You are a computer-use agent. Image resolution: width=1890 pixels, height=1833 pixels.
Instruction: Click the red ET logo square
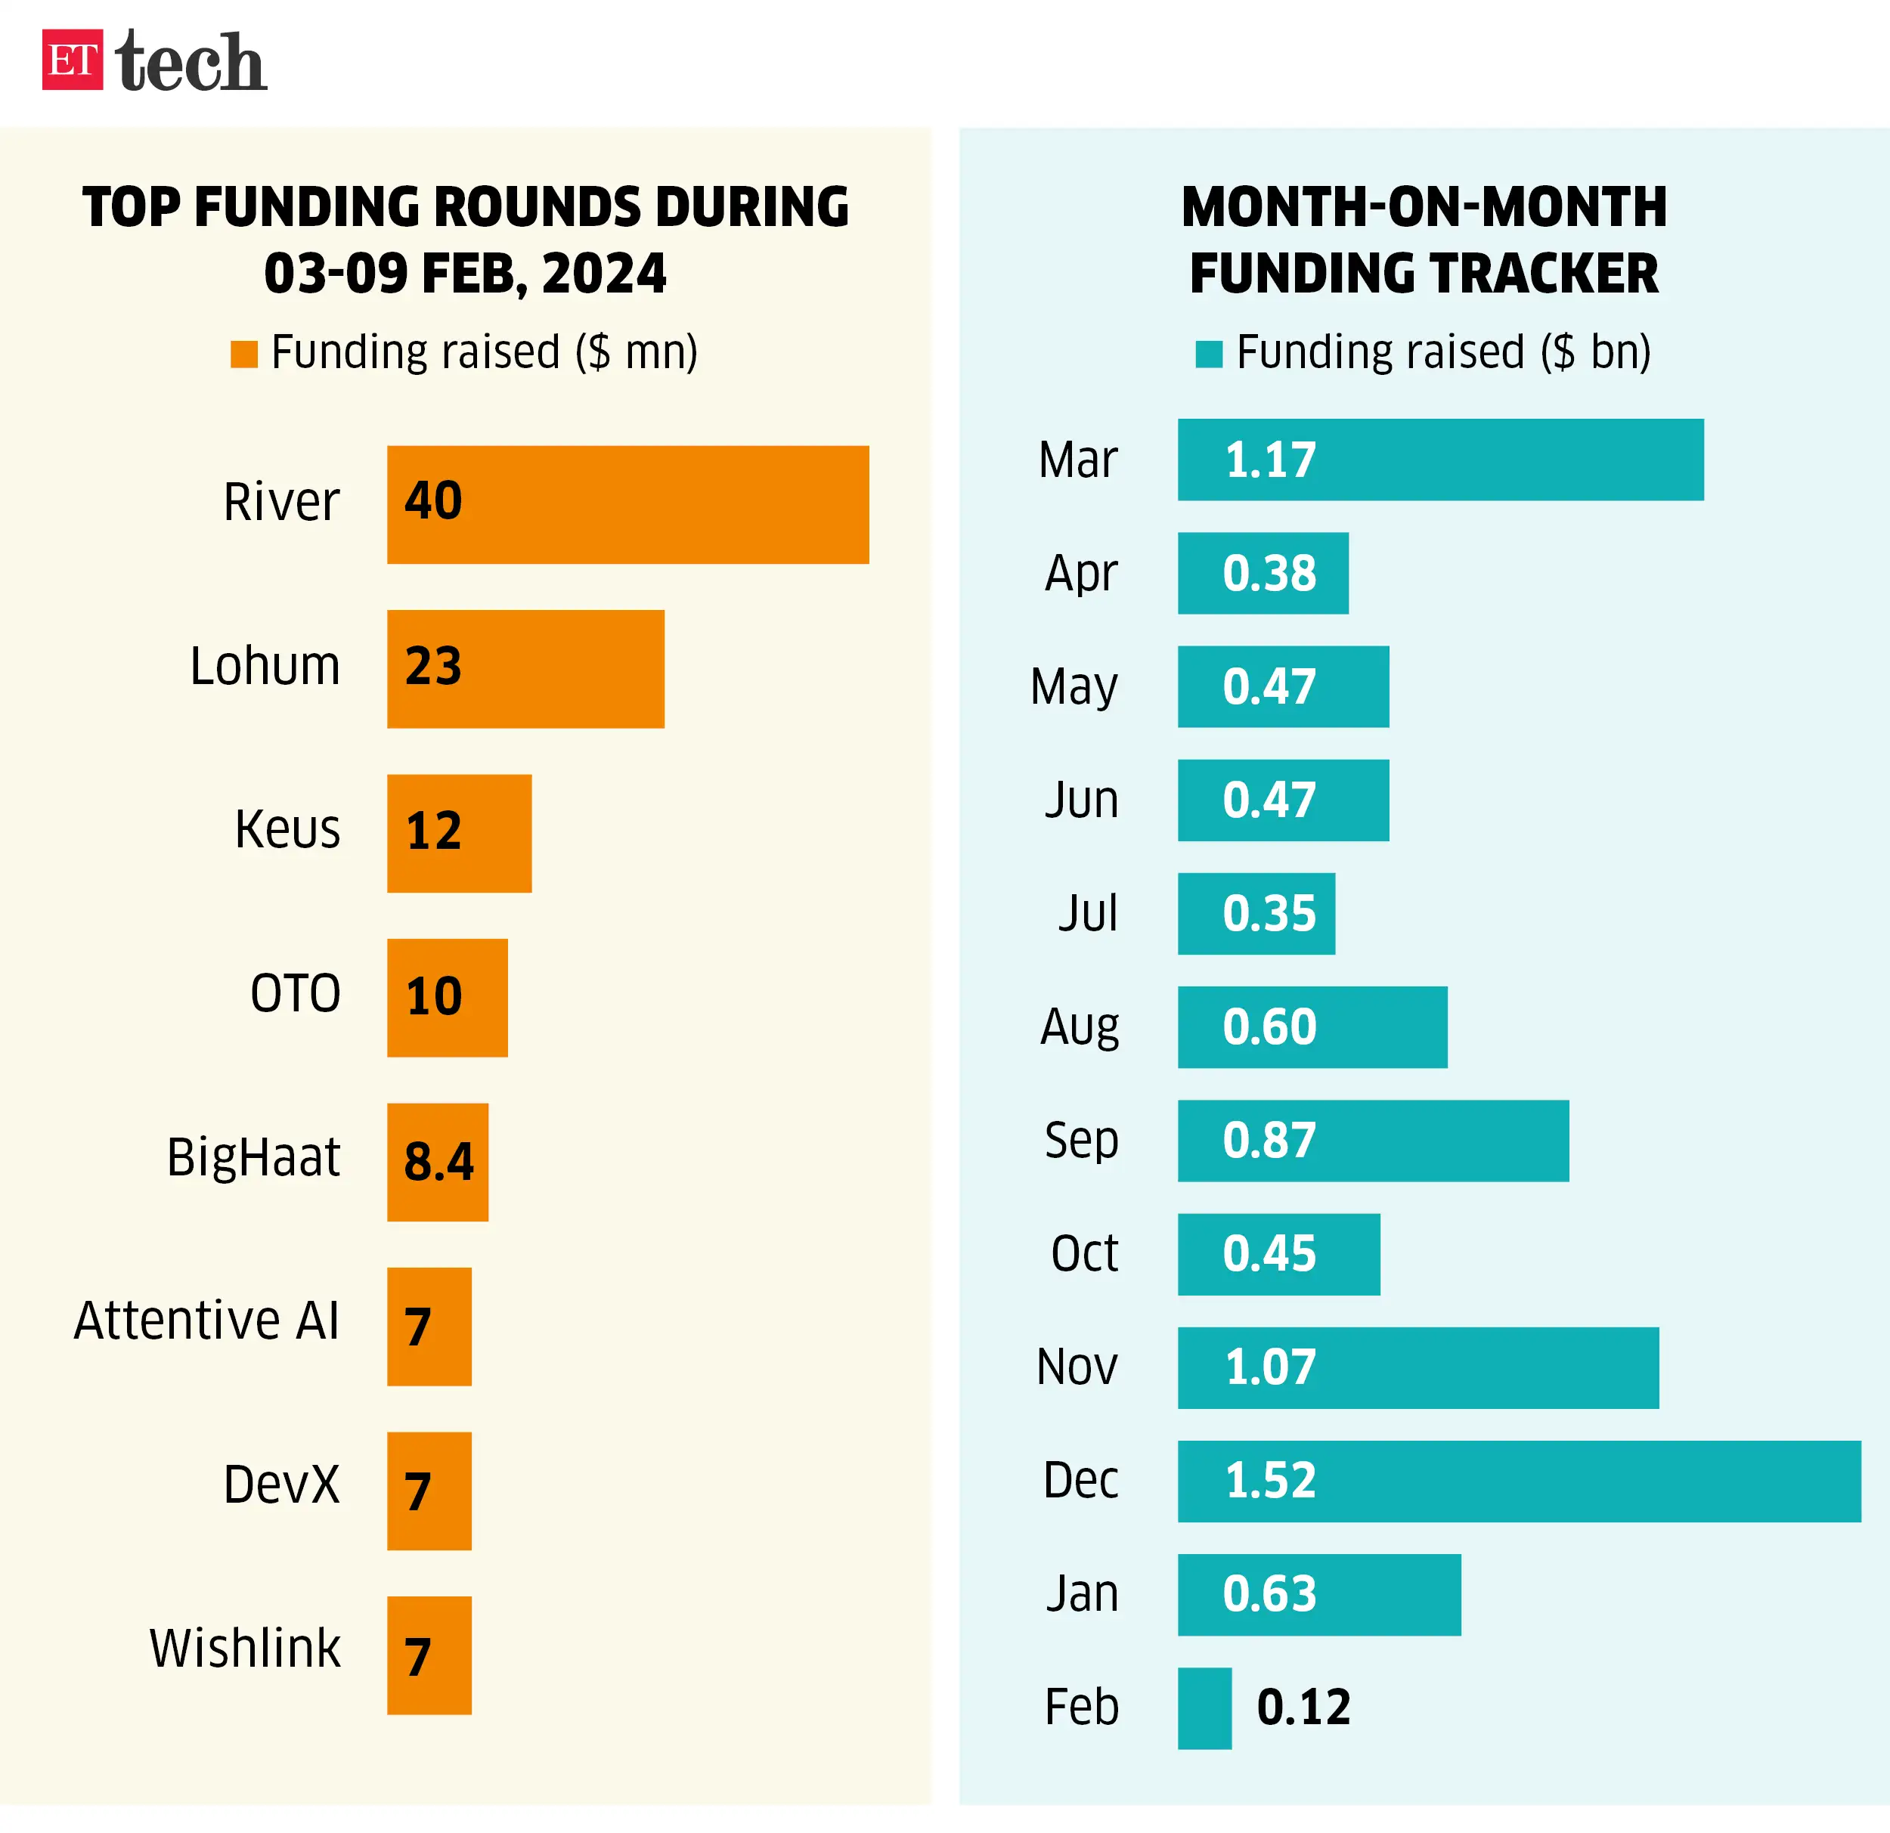click(x=73, y=60)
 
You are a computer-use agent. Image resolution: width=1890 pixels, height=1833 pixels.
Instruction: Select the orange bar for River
click(x=627, y=504)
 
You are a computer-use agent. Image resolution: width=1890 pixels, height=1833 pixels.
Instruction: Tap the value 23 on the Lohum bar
click(x=433, y=666)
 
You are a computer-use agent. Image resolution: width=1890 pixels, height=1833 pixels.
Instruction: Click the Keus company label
click(x=287, y=829)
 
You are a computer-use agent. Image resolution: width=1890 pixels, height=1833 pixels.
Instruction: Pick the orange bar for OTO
click(x=448, y=997)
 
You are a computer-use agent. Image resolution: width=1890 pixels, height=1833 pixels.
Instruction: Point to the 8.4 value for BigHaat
click(x=438, y=1161)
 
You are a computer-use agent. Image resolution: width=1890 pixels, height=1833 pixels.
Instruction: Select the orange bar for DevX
click(x=429, y=1491)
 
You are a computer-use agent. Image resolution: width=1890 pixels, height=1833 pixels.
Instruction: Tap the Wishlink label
click(x=245, y=1648)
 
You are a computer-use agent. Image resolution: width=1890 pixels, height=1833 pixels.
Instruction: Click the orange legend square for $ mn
click(x=244, y=354)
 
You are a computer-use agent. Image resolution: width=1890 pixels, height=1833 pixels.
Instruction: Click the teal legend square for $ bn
click(x=1208, y=354)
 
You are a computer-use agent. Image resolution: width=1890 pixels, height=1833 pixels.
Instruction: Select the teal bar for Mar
click(x=1441, y=460)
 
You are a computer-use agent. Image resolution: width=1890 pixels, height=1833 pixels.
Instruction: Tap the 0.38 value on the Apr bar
click(x=1269, y=574)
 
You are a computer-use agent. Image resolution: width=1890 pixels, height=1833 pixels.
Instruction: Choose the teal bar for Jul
click(x=1256, y=913)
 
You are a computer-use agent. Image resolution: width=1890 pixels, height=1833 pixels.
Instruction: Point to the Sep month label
click(x=1081, y=1141)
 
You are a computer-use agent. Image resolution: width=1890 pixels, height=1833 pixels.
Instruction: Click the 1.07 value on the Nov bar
click(x=1270, y=1367)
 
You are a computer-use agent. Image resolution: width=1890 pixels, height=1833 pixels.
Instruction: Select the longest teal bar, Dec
click(x=1519, y=1481)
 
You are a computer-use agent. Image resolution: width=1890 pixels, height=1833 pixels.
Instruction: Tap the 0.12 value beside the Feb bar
click(x=1303, y=1708)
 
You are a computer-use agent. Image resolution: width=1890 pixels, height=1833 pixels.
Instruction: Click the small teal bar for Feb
click(x=1204, y=1708)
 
